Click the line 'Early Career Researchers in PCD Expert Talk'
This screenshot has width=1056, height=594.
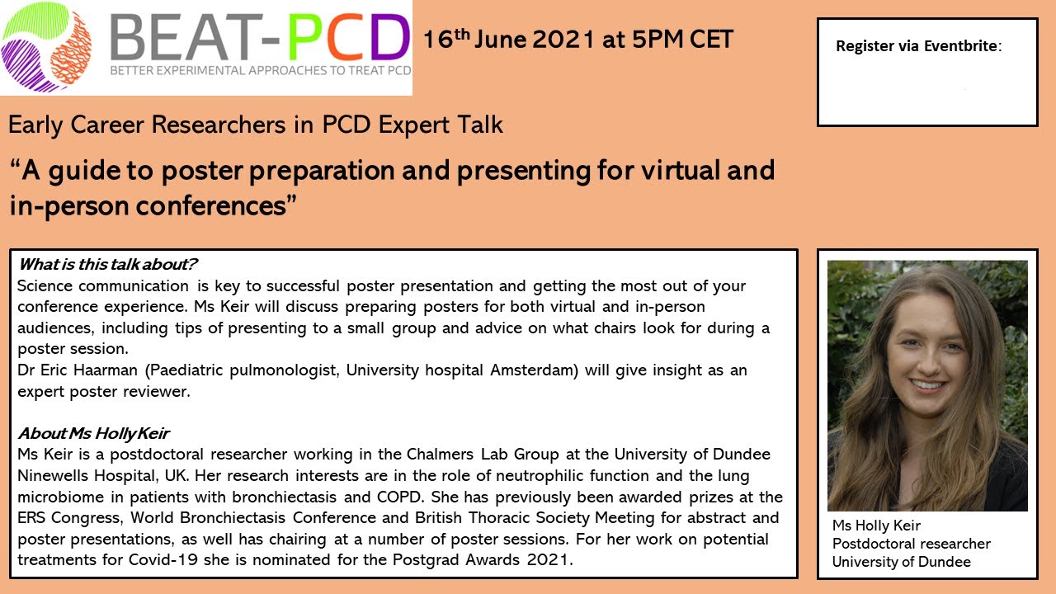(x=256, y=125)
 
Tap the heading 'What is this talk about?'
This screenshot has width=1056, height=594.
(x=108, y=265)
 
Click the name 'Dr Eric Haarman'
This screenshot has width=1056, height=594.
(x=73, y=370)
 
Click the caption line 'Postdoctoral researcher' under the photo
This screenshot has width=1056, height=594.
(x=911, y=544)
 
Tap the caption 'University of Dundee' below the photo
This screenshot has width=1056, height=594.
(x=901, y=562)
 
